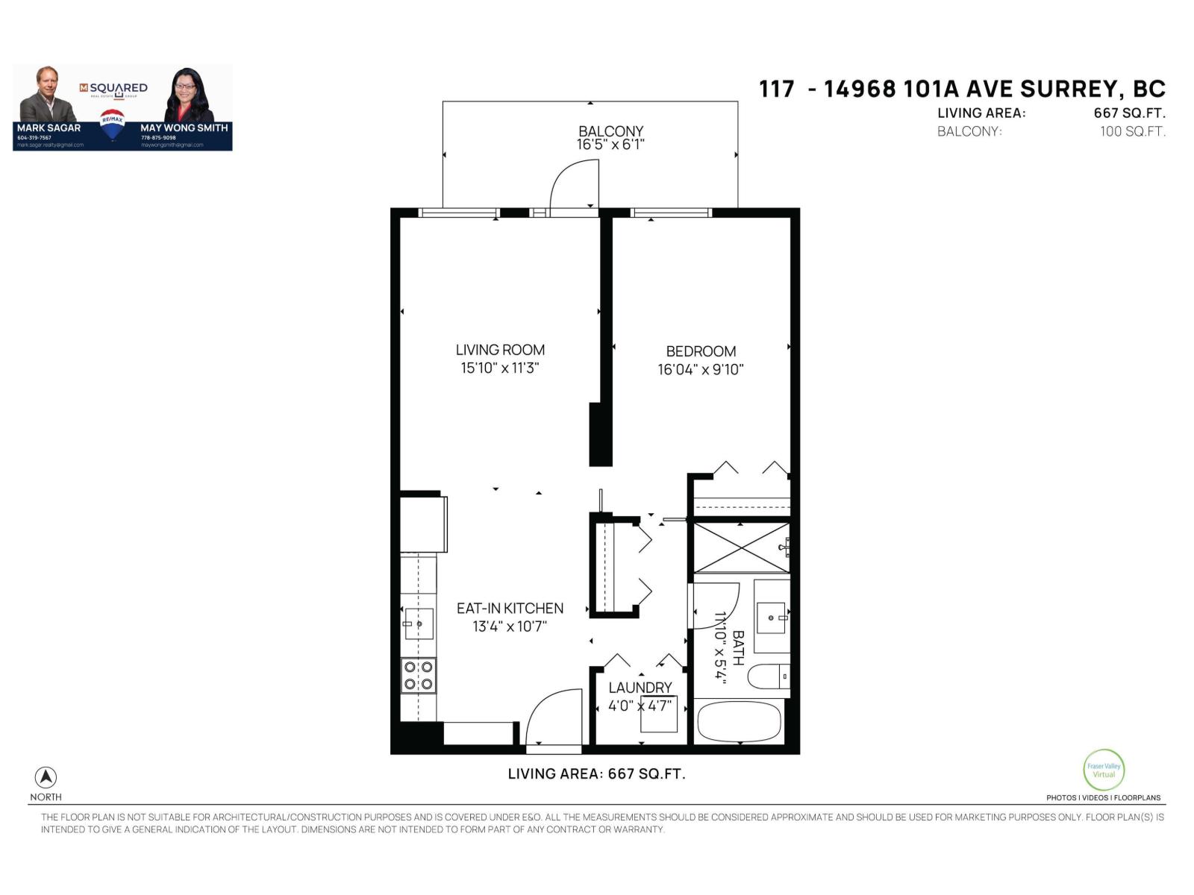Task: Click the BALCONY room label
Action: tap(610, 131)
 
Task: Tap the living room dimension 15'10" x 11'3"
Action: tap(499, 368)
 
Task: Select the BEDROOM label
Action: tap(701, 351)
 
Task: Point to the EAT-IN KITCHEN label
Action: tap(510, 609)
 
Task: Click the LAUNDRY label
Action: tap(640, 688)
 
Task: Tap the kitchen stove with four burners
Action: tap(419, 676)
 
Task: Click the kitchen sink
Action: tap(418, 624)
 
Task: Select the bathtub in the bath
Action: tap(739, 721)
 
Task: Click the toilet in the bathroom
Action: tap(767, 676)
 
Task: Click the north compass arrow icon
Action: tap(46, 777)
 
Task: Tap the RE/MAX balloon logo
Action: tap(112, 125)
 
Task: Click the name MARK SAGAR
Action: tap(49, 128)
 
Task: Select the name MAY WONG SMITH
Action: tap(184, 128)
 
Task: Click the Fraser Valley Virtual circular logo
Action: tap(1103, 770)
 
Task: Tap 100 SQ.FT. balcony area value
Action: tap(1132, 132)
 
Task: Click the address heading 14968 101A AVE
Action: tap(962, 89)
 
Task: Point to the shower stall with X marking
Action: tap(740, 547)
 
